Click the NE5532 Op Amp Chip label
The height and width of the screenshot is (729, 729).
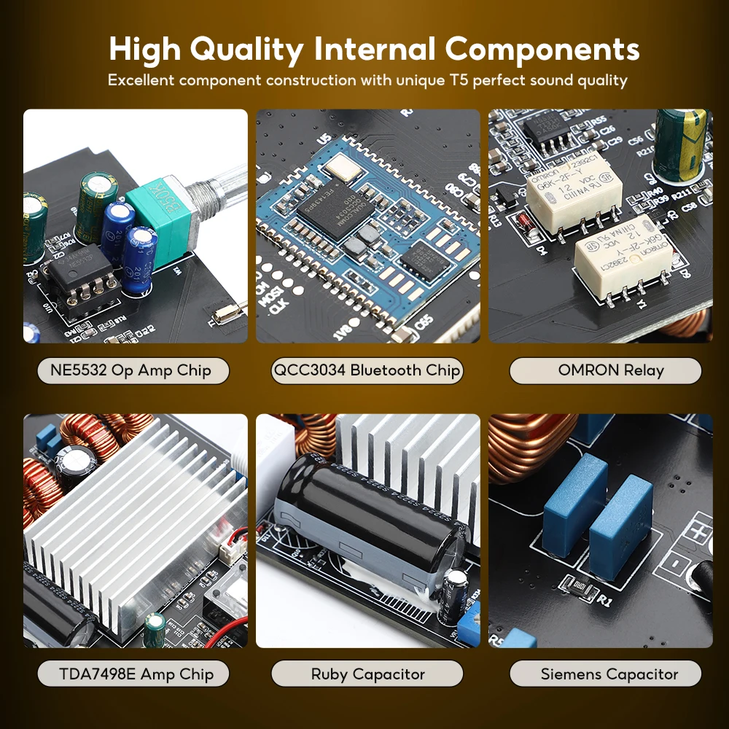tap(133, 370)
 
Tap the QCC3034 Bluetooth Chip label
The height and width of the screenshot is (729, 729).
tap(367, 370)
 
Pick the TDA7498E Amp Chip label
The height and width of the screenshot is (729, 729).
tap(133, 674)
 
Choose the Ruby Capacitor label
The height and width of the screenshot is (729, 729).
tap(367, 674)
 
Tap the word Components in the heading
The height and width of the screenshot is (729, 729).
tap(542, 49)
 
